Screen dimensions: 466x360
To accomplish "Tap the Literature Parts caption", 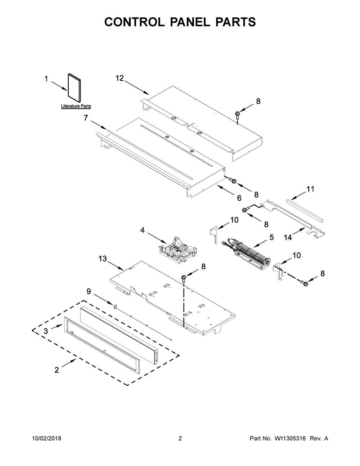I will (76, 107).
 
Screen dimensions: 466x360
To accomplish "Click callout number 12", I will (120, 78).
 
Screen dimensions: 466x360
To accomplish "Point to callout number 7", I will (86, 117).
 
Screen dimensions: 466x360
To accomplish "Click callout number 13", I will (103, 259).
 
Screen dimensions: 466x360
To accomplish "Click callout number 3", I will (46, 331).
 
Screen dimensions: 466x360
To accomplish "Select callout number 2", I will (57, 370).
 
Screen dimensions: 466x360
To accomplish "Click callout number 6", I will (239, 197).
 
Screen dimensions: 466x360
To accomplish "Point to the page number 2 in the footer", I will (180, 439).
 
